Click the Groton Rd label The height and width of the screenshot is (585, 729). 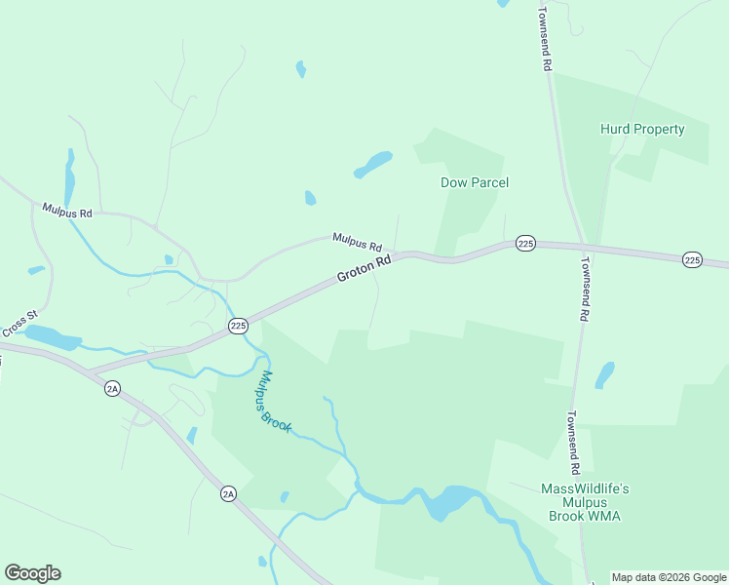[364, 269]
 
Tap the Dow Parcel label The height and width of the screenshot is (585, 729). [475, 182]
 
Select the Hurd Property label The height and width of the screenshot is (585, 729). [642, 129]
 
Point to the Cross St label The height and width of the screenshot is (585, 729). [19, 322]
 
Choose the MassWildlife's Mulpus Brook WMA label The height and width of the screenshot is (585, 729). [585, 501]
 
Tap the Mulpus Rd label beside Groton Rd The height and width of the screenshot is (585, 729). [357, 240]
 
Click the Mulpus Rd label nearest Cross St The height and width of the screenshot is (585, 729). [67, 211]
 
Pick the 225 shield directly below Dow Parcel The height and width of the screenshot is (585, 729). [525, 243]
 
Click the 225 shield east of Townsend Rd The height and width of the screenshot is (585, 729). [692, 259]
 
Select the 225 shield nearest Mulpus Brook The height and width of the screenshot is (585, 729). [238, 326]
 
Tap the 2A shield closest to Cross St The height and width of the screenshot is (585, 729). [112, 389]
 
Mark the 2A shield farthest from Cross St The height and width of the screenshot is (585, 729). [228, 494]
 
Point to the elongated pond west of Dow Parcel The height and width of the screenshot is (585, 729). [372, 165]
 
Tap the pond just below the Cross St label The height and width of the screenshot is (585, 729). [54, 338]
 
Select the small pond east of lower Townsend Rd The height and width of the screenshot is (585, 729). [605, 374]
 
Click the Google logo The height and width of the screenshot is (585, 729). [32, 573]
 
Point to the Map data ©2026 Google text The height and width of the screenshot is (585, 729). [669, 577]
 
